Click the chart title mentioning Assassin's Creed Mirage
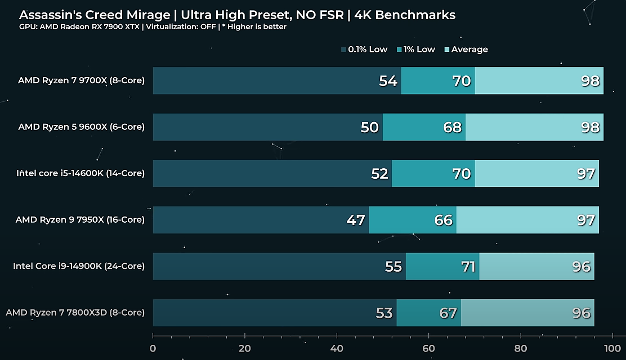(237, 15)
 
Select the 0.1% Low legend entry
(367, 49)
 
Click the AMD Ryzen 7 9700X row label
(81, 80)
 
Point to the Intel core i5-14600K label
(81, 173)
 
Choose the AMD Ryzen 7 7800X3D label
(75, 312)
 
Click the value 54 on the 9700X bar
(388, 81)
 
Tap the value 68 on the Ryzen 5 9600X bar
(453, 127)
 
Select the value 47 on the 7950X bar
(356, 220)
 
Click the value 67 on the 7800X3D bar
(448, 313)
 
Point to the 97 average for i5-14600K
(586, 174)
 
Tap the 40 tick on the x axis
(337, 349)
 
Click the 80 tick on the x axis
(521, 349)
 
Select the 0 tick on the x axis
(153, 349)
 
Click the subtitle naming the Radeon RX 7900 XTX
(153, 27)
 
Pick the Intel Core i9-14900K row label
(79, 266)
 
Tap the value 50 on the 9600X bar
(370, 127)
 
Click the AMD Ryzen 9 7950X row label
(80, 219)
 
